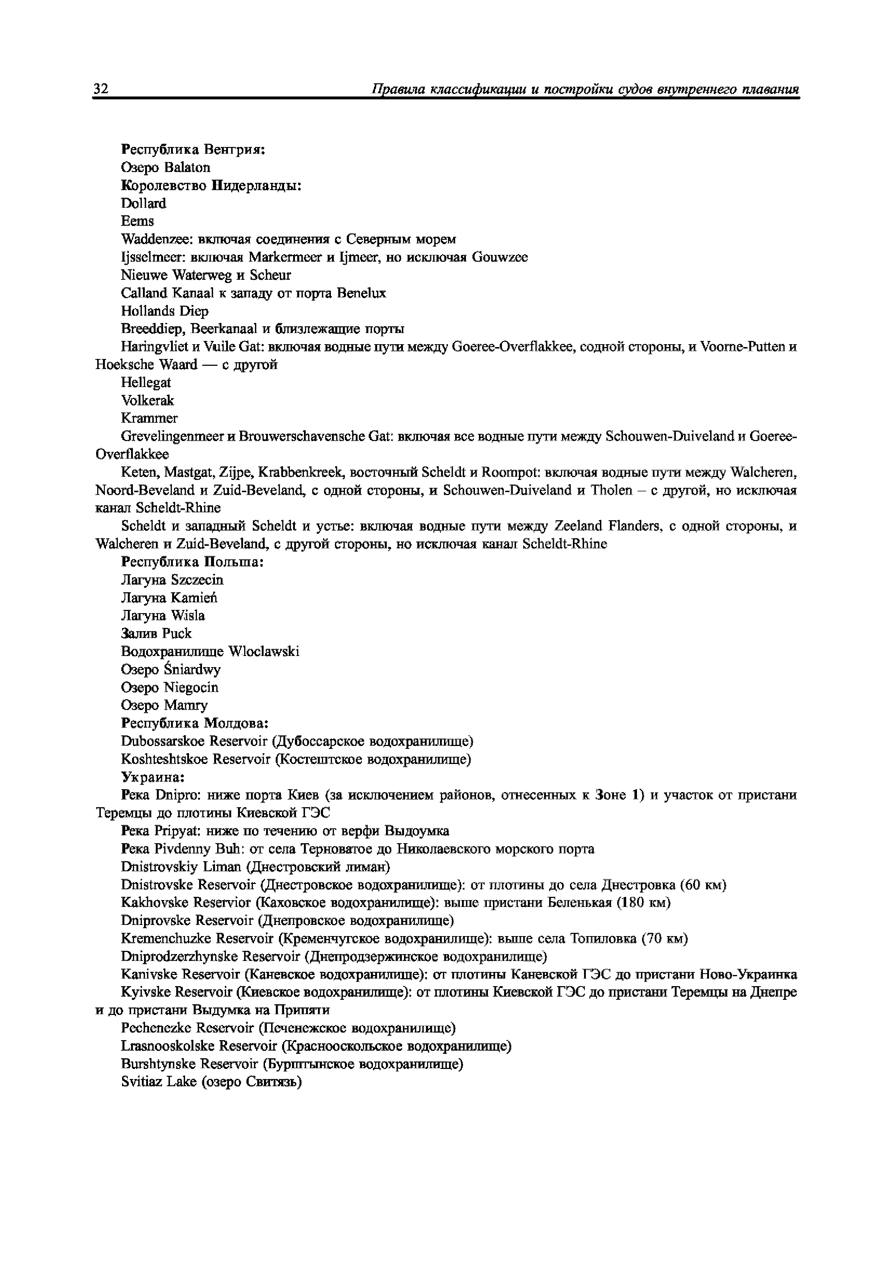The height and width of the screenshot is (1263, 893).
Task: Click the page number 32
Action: (x=101, y=89)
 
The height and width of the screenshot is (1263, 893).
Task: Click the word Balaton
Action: (x=187, y=167)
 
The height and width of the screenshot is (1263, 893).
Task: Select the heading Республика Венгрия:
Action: (x=193, y=149)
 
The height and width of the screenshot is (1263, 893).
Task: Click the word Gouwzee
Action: (x=499, y=257)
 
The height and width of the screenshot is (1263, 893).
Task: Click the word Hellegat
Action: (x=146, y=383)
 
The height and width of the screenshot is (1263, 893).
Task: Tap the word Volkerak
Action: (x=148, y=400)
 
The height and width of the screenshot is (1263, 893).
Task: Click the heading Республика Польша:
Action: (x=192, y=562)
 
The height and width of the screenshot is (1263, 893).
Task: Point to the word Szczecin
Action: (x=197, y=580)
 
